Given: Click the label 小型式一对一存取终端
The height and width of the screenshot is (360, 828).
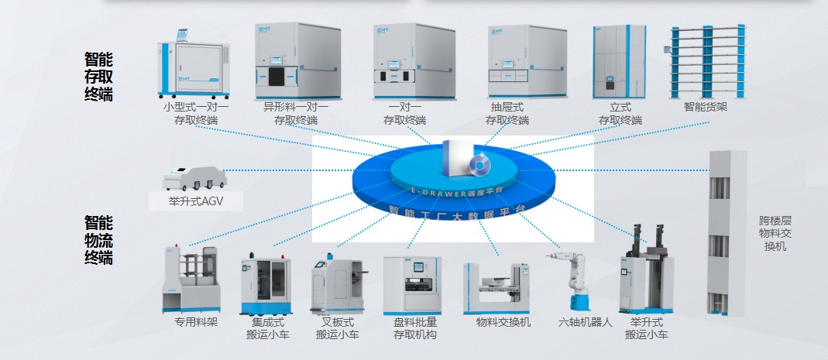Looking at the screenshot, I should (x=196, y=114).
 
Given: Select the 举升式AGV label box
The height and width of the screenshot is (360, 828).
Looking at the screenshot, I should (x=196, y=202).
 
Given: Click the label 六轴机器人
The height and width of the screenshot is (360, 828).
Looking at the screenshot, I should (x=586, y=322).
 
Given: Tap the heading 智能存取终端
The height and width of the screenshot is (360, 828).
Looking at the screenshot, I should (x=98, y=77).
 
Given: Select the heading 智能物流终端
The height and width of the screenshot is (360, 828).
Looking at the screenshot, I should (x=98, y=241).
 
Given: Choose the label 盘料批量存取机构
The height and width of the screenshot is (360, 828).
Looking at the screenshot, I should (x=415, y=328).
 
